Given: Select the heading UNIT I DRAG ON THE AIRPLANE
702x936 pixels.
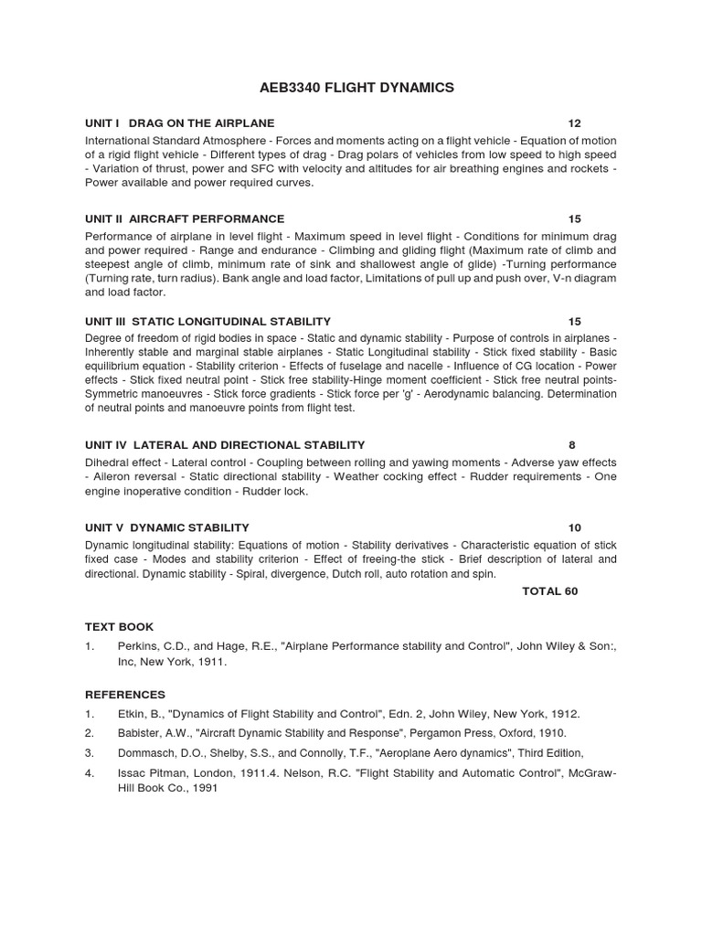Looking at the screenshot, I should point(180,122).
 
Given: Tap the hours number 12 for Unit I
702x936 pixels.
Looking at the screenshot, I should point(574,122).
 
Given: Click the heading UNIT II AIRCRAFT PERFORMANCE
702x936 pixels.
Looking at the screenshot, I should point(185,218).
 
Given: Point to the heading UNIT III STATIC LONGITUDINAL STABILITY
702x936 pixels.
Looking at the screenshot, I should point(207,321).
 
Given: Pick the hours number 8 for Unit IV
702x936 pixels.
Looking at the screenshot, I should point(572,445).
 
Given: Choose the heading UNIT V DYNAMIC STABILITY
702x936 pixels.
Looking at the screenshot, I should point(167,527).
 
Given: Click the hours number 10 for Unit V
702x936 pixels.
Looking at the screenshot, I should point(574,527).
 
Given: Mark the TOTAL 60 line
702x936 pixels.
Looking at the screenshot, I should point(549,591).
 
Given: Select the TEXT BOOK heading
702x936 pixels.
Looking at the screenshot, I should point(120,626).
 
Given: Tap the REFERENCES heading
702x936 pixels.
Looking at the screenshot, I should point(125,694).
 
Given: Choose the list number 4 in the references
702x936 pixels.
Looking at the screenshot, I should point(90,773).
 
